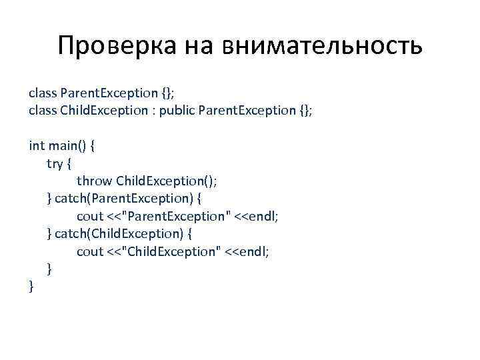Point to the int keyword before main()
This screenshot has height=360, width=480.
37,145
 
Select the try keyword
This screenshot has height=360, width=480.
54,163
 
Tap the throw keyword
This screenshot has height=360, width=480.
94,181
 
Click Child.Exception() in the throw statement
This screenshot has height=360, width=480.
167,181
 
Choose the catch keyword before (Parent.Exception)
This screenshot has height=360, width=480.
75,198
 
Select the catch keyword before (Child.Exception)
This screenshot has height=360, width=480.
75,234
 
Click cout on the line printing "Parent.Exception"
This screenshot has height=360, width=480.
90,216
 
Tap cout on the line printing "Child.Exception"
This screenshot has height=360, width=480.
90,251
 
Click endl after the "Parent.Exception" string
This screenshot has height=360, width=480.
265,216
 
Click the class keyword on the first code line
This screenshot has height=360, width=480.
43,91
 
